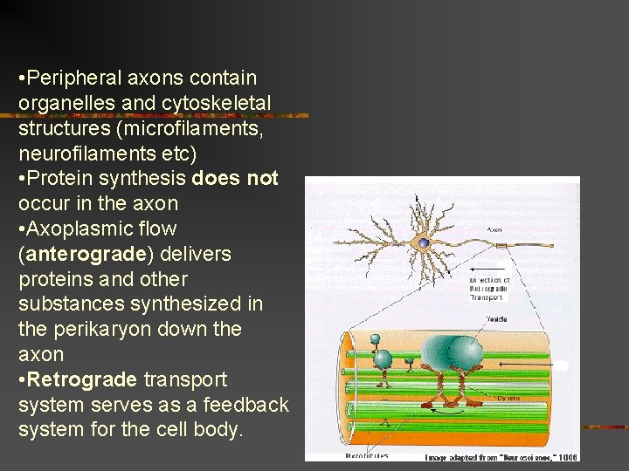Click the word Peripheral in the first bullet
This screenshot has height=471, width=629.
pyautogui.click(x=76, y=78)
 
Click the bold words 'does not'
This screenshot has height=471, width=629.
pyautogui.click(x=234, y=179)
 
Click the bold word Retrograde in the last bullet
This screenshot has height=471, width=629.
pyautogui.click(x=82, y=380)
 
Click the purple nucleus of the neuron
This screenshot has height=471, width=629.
pyautogui.click(x=423, y=243)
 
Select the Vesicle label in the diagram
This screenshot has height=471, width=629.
pyautogui.click(x=497, y=319)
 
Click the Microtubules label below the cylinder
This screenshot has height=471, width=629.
pyautogui.click(x=367, y=455)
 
